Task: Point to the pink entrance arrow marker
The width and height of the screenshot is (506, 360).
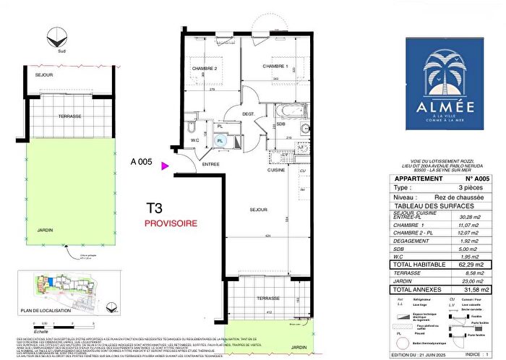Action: click(166, 166)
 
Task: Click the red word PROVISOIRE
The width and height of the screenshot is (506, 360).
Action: click(171, 224)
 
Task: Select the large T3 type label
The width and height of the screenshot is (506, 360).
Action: click(155, 208)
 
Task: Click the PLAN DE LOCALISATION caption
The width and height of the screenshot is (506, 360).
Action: click(48, 311)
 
